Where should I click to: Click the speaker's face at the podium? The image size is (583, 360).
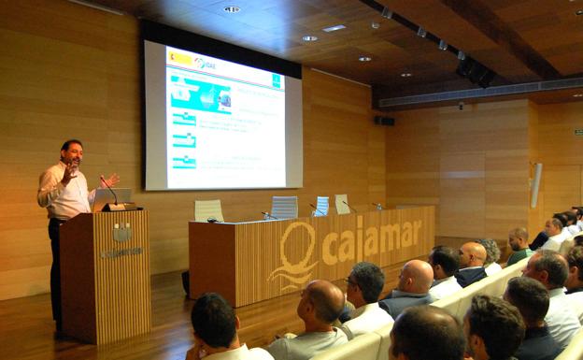tap(73, 154)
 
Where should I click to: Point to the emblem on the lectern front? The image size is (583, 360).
tap(121, 232)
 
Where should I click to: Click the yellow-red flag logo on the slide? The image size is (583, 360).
tap(179, 58)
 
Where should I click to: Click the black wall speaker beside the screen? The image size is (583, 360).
tap(384, 121)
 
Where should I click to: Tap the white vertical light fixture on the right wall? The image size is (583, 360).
tap(535, 185)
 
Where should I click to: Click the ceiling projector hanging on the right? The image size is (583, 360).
tap(475, 70)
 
